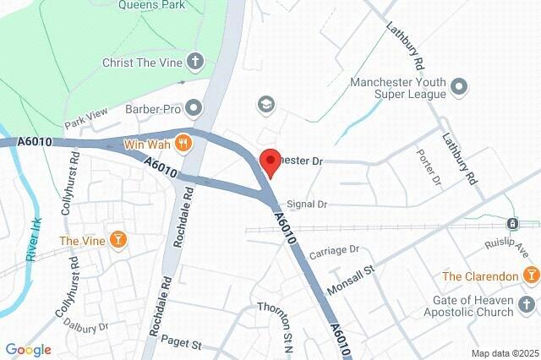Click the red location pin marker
(x=269, y=161)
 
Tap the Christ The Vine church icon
(x=195, y=62)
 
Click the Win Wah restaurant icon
(x=185, y=144)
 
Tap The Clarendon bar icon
(x=531, y=275)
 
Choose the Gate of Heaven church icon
(x=529, y=305)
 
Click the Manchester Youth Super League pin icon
(x=459, y=86)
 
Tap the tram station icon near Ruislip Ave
(x=512, y=224)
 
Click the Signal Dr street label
(x=307, y=204)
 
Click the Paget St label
(x=184, y=345)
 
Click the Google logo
(x=28, y=350)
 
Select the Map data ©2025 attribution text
(x=505, y=352)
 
